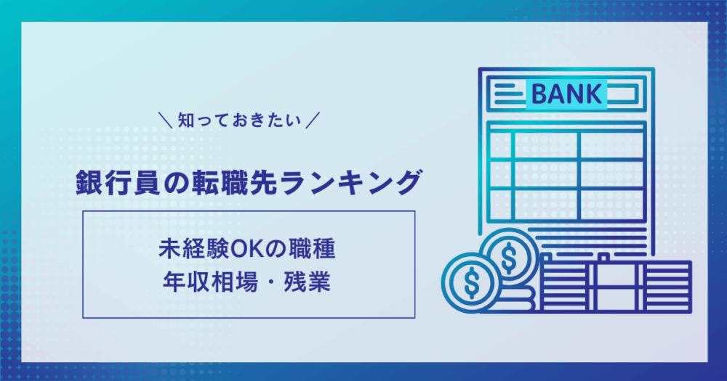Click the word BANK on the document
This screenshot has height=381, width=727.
(566, 94)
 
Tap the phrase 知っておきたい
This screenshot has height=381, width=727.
(240, 120)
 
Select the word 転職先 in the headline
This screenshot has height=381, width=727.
(233, 183)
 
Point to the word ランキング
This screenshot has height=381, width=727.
(351, 183)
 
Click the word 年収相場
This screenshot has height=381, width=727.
(210, 282)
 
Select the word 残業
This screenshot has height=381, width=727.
(308, 282)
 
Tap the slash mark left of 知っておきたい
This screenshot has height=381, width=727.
(165, 120)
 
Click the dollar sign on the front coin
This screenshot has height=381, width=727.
(472, 282)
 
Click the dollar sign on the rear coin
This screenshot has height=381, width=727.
(509, 256)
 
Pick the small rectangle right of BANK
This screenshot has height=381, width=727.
(623, 94)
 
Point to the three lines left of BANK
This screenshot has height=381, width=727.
(509, 94)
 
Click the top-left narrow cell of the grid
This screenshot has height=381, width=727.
(500, 145)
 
